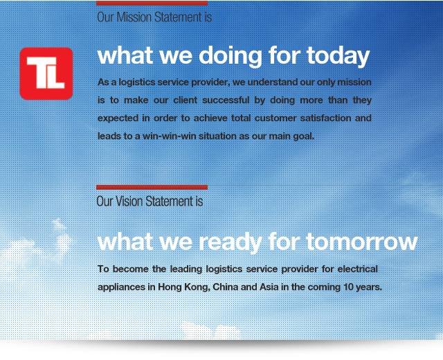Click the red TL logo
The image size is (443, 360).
point(46,73)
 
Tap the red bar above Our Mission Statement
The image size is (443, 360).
point(152,3)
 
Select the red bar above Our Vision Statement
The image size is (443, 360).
point(152,187)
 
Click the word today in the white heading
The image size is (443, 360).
point(338,56)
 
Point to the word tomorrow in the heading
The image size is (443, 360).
point(362,242)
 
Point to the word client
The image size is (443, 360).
point(186,100)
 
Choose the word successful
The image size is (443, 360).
point(226,100)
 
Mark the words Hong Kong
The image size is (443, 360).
point(184,287)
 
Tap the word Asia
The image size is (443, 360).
point(269,287)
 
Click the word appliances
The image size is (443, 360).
point(122,287)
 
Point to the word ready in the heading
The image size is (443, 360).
point(230,242)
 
